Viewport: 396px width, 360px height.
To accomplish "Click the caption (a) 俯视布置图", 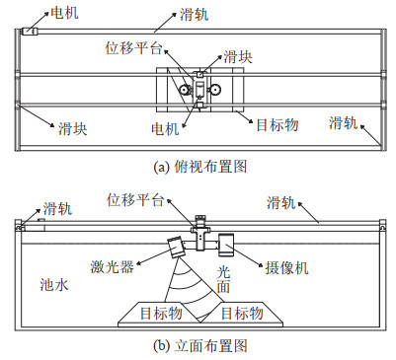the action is [x=200, y=167].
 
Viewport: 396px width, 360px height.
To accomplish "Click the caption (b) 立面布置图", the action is [x=200, y=345].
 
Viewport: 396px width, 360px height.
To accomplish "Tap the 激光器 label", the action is [x=113, y=266].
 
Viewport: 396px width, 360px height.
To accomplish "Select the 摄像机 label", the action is [x=287, y=268].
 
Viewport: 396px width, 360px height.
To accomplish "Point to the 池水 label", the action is [x=54, y=284].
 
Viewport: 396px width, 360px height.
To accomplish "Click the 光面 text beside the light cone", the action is [x=223, y=279].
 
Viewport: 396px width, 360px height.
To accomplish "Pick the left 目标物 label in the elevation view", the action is [x=161, y=313].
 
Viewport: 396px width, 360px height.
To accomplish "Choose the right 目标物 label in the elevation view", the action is [x=242, y=313].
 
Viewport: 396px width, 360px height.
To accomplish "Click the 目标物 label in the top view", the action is [x=277, y=125].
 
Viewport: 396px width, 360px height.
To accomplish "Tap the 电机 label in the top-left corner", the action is [x=64, y=13].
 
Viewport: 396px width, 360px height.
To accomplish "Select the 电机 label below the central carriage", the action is [x=165, y=129].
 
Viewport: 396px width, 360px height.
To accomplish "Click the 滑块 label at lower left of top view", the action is [x=73, y=128].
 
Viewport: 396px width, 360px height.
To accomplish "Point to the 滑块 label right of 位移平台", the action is [x=238, y=57].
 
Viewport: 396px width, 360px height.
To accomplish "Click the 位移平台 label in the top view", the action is [x=133, y=48].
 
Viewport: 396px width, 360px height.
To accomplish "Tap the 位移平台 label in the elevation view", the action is [x=135, y=200].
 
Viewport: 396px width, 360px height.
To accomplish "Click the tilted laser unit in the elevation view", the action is [x=177, y=247].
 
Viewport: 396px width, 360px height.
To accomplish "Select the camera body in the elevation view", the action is [x=226, y=245].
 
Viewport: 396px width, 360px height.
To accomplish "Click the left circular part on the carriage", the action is [x=185, y=90].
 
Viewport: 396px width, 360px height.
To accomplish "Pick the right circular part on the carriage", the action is [x=215, y=89].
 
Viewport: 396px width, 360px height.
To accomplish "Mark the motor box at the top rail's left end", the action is [x=30, y=32].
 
